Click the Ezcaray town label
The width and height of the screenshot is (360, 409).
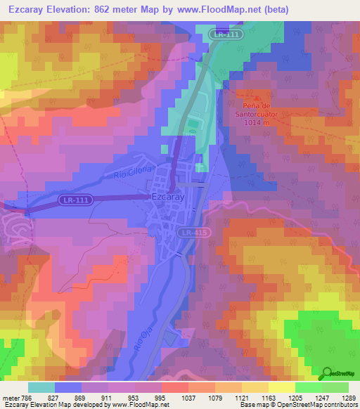[168, 199]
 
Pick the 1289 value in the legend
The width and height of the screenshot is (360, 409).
[347, 398]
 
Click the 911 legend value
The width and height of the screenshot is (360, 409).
[106, 398]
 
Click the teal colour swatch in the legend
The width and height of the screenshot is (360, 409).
[41, 387]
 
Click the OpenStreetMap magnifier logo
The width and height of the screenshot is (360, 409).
[326, 373]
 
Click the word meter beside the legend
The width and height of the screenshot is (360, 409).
[11, 398]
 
